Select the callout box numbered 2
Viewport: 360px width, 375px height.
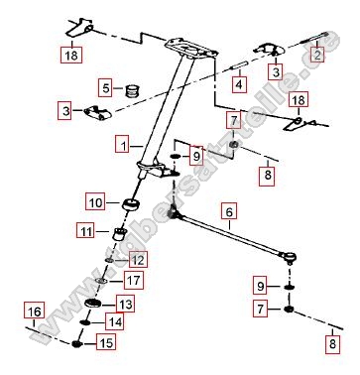[317, 55]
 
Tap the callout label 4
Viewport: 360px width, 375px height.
[237, 84]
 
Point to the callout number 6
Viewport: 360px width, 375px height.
[228, 210]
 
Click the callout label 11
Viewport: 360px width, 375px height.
[86, 232]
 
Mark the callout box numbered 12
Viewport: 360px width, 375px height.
[137, 259]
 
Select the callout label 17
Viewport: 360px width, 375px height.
[134, 281]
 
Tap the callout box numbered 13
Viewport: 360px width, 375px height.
[125, 303]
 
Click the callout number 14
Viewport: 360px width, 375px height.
[115, 322]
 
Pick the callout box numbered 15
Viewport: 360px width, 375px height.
[103, 343]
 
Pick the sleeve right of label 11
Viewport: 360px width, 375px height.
[118, 234]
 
